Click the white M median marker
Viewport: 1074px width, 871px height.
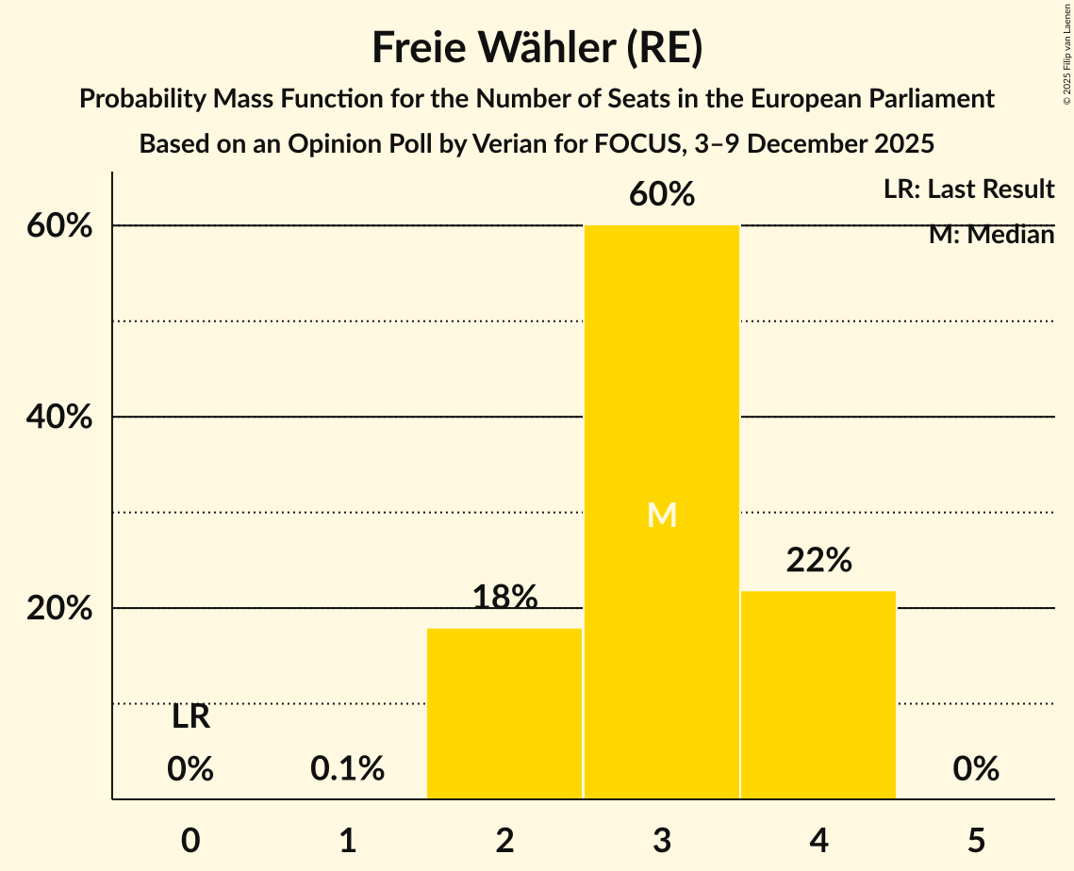pos(662,515)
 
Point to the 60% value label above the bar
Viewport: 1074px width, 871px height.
pos(662,194)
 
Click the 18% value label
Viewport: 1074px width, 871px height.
pos(504,597)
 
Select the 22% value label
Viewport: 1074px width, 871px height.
pos(818,560)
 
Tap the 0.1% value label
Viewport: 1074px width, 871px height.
pos(347,769)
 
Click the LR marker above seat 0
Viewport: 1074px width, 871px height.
pos(190,717)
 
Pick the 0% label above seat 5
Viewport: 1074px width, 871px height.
pos(975,769)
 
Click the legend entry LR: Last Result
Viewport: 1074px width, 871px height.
pos(968,189)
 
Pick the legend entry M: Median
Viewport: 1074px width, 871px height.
pos(991,235)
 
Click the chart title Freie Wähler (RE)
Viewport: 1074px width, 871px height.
pos(537,48)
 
